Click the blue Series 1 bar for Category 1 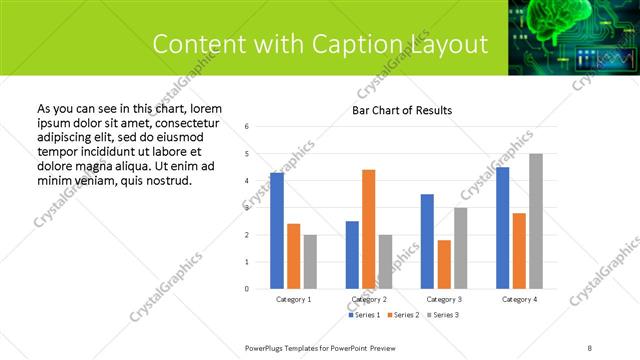(277, 231)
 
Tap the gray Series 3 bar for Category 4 (536, 221)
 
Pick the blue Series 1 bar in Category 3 (428, 241)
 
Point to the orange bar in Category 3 (444, 264)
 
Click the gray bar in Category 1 (310, 261)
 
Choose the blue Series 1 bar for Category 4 (502, 228)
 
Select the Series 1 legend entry (364, 315)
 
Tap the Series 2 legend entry (402, 315)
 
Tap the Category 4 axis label (519, 299)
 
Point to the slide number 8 (590, 347)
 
